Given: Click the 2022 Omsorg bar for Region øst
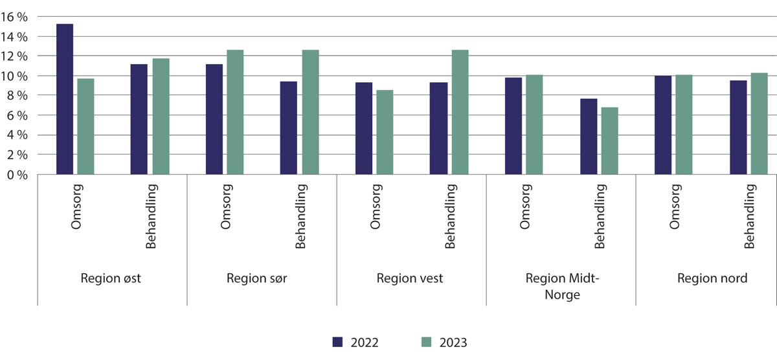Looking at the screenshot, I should pos(65,99).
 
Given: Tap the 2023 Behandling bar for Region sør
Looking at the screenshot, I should pos(310,112).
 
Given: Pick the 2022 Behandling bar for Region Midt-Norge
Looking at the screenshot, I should pos(589,136).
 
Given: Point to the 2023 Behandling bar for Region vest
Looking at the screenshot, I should pos(460,112).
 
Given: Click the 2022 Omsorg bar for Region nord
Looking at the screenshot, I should pos(663,125).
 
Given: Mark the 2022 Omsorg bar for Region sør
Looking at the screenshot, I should pos(214,119).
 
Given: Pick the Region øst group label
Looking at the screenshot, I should pos(111,279).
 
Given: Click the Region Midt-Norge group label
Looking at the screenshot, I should pos(561,286).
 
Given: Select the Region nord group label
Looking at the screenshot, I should pos(712,279).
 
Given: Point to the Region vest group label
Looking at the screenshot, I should pos(410,279).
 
